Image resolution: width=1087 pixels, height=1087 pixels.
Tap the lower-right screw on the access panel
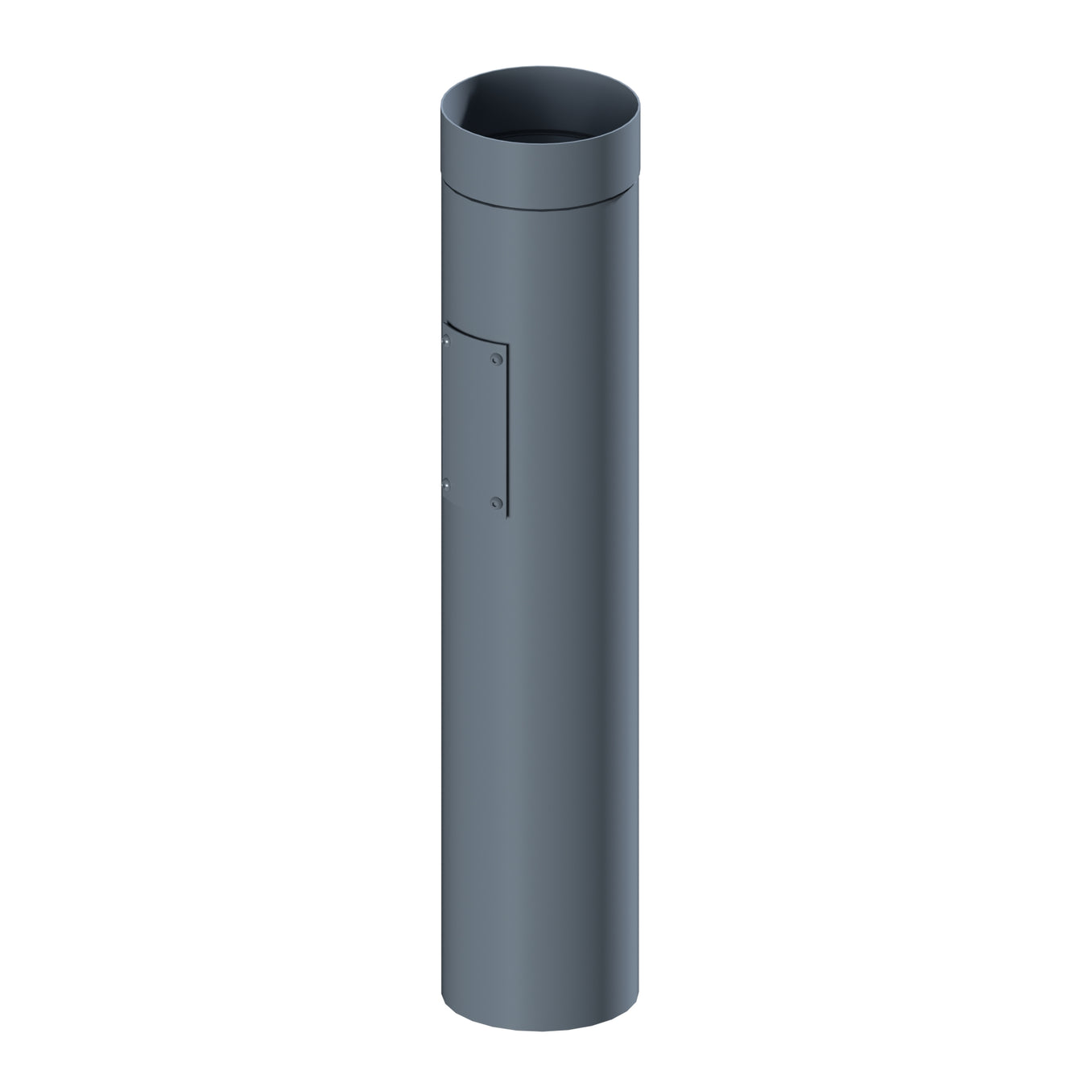click(496, 504)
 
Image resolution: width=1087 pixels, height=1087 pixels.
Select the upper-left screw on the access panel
click(445, 343)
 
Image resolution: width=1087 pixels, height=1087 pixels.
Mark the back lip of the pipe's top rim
click(541, 71)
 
